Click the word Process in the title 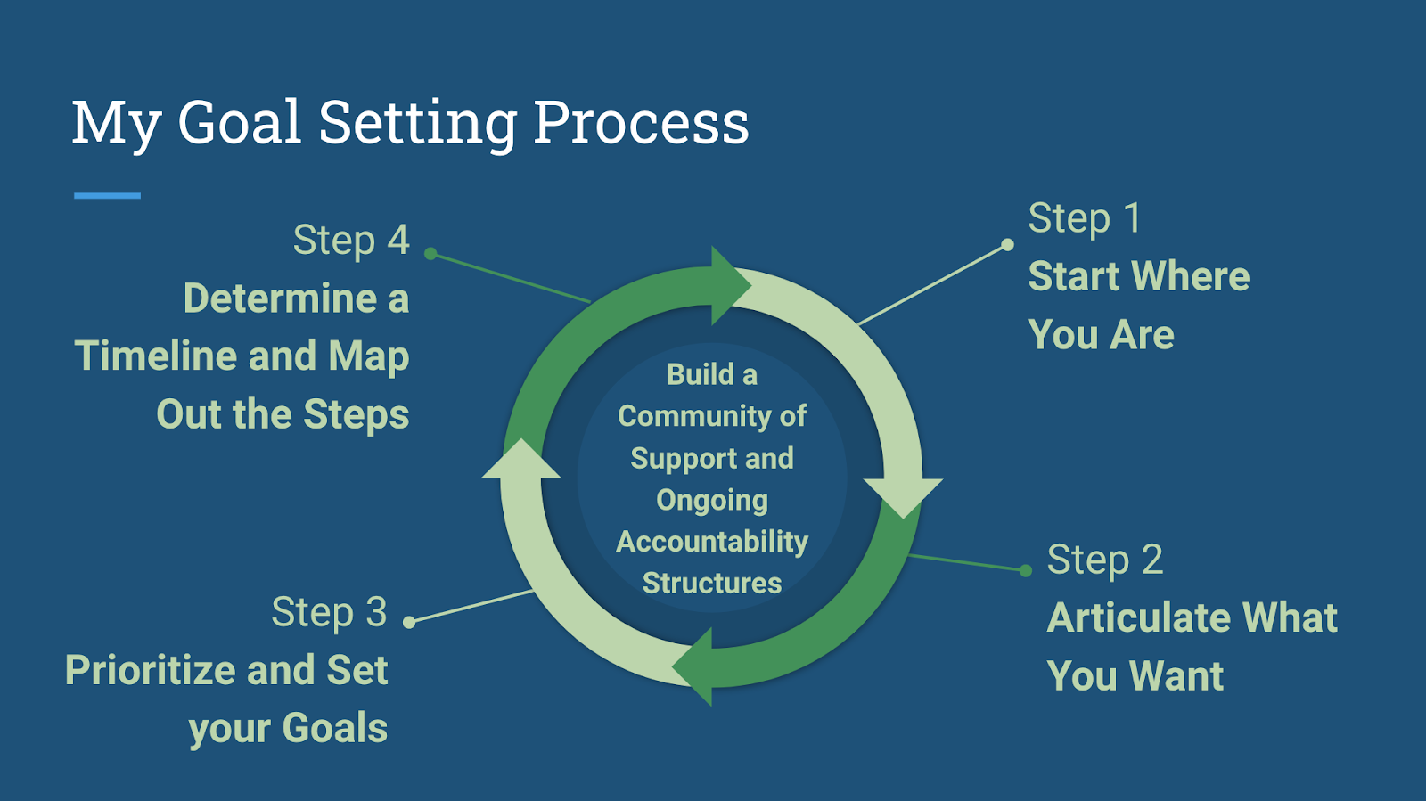coord(641,122)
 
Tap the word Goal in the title coord(239,122)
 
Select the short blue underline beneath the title coord(107,195)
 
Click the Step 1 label coord(1084,219)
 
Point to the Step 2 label coord(1104,560)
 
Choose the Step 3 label coord(329,613)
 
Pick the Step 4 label coord(350,241)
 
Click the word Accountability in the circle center coord(712,542)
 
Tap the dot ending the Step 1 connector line coord(1007,244)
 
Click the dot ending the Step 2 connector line coord(1026,570)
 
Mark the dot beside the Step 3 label coord(409,622)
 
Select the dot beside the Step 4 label coord(430,254)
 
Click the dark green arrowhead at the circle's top coord(729,285)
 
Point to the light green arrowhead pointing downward coord(903,496)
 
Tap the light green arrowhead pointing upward coord(521,461)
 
